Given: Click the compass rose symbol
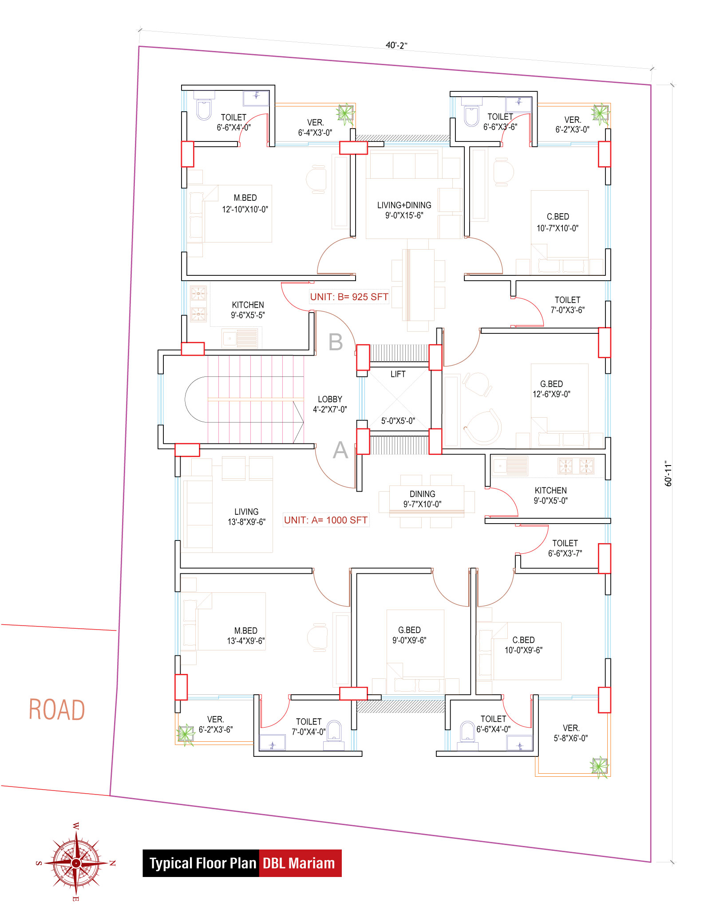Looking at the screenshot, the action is [x=76, y=863].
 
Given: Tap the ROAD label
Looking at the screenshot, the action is [x=57, y=709].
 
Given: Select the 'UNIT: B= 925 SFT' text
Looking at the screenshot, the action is [x=349, y=297].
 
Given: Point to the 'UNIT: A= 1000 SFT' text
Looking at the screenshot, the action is [x=326, y=520].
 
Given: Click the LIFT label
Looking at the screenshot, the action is [x=398, y=374].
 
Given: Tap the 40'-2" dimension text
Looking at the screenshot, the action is [x=396, y=45].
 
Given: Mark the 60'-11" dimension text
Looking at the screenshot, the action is [x=668, y=474].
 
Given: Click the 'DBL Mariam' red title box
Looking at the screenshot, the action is [x=300, y=863].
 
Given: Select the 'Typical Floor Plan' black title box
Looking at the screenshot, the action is [x=201, y=863].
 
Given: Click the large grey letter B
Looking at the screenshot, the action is [x=336, y=342].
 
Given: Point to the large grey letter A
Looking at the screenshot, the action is [x=340, y=450].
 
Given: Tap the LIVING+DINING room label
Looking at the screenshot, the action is [x=404, y=210].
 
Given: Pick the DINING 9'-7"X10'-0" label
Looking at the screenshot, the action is [x=422, y=499].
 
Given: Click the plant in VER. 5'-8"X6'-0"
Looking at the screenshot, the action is [x=600, y=766].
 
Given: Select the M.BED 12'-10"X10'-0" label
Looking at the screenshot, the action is [x=245, y=204].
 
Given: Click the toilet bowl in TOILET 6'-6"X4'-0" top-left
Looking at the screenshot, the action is [x=204, y=110].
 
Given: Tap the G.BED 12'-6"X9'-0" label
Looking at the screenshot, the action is [x=551, y=389].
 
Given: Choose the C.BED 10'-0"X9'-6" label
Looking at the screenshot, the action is [x=523, y=645].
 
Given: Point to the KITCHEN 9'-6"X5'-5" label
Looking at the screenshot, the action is [x=248, y=310].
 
